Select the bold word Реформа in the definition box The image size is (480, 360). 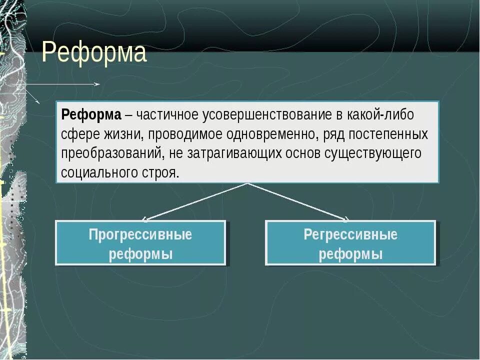coord(91,114)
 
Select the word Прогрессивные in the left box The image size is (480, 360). coord(140,234)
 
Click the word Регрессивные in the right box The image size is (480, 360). coord(350,234)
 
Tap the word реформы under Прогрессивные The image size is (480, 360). coord(140,254)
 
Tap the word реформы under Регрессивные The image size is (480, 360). coord(350,254)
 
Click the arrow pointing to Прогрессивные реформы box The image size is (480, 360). coord(195,201)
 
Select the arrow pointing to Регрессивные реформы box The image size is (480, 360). coord(298,201)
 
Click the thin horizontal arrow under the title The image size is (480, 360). coord(60,84)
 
